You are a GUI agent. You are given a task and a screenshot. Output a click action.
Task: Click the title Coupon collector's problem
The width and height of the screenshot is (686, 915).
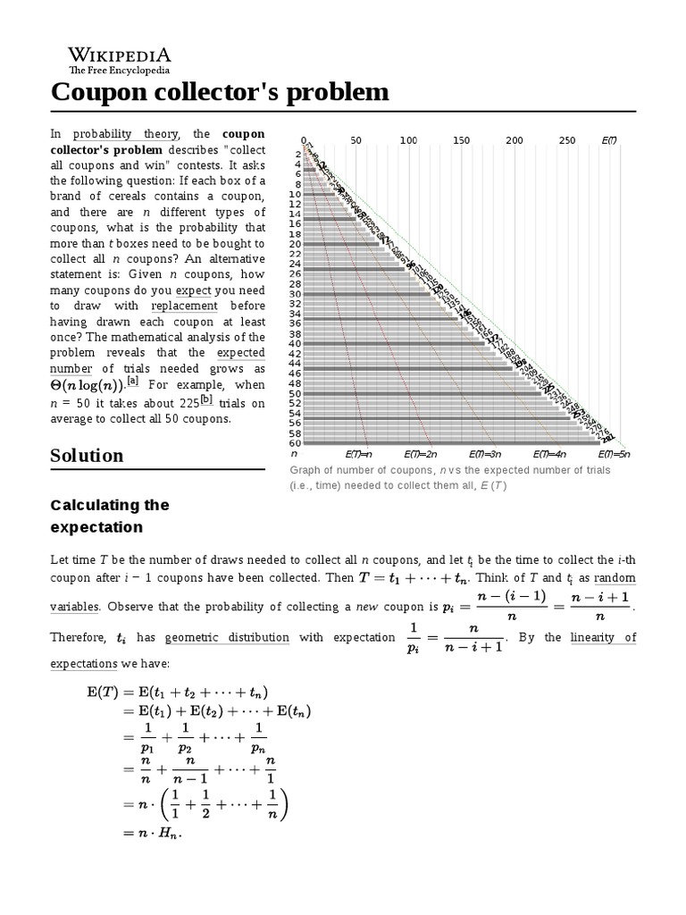pos(221,92)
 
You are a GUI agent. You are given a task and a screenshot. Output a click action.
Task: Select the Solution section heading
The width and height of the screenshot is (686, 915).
pos(88,455)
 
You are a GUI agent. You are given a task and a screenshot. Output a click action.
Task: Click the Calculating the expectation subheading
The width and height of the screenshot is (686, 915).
pos(110,516)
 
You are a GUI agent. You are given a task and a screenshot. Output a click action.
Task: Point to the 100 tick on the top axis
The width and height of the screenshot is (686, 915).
pos(408,140)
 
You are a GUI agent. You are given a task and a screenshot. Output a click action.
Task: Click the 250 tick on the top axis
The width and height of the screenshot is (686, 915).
pos(567,140)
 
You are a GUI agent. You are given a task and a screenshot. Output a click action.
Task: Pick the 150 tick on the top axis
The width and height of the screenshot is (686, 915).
pos(462,140)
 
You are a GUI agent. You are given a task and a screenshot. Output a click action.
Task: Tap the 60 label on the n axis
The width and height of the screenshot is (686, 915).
pos(295,443)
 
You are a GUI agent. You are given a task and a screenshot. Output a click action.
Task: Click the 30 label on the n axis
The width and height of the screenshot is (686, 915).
pos(295,293)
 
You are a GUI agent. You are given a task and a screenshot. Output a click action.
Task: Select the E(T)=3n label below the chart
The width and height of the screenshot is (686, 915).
pos(486,455)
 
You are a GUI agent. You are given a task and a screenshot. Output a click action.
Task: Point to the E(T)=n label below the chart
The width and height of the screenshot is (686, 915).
pos(358,455)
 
